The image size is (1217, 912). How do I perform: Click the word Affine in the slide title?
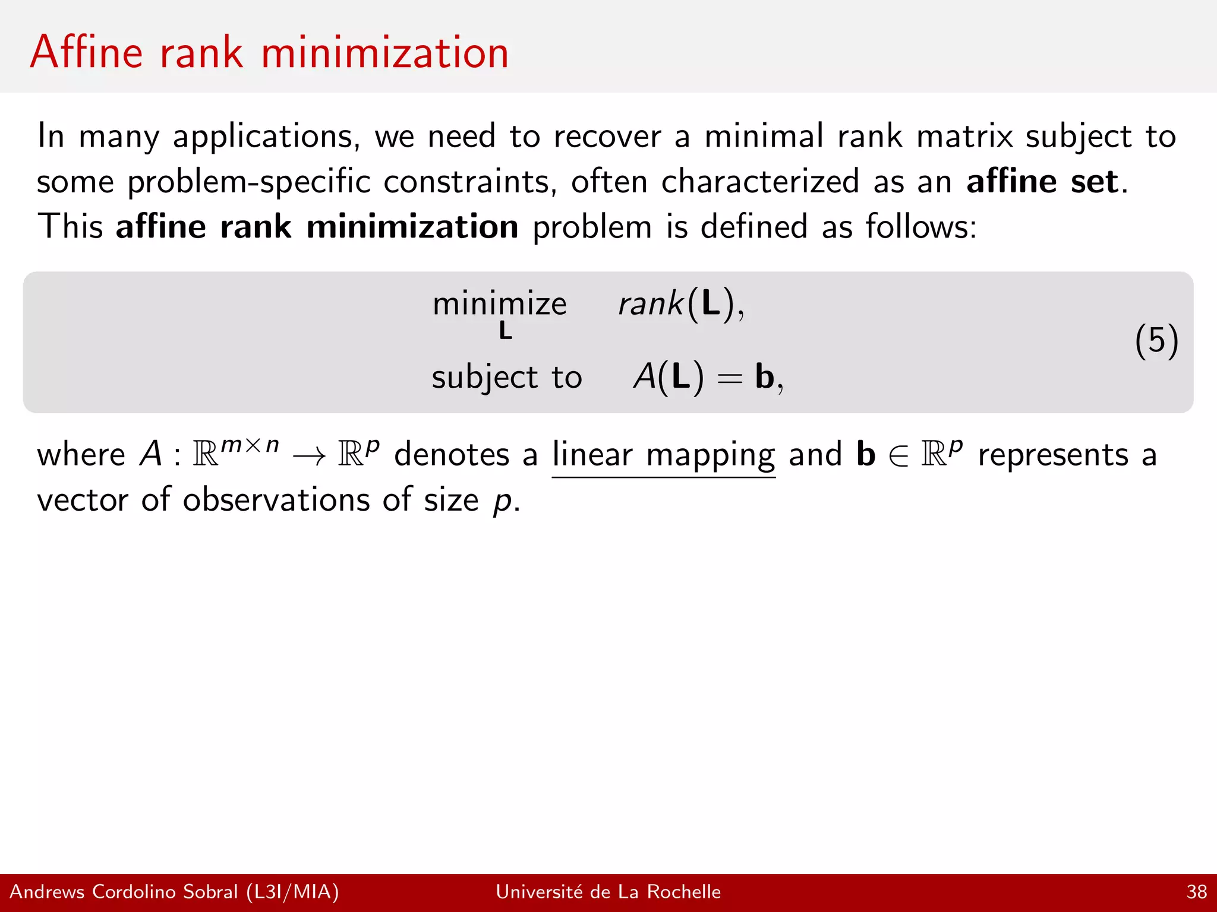(87, 52)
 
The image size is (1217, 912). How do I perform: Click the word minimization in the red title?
(384, 52)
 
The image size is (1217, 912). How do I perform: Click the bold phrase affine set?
(1043, 181)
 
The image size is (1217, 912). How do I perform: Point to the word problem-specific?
(248, 182)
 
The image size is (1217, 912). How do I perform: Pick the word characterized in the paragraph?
(760, 181)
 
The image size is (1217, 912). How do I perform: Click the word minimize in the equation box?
(499, 304)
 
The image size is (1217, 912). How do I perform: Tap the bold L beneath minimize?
(505, 331)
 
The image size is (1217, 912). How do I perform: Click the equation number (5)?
(1156, 341)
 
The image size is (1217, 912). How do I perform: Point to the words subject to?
(506, 378)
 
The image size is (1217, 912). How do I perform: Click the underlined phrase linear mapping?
(663, 455)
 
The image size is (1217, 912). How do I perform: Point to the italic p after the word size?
(502, 501)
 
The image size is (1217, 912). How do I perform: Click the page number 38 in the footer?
(1196, 892)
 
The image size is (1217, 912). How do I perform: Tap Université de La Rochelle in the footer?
(608, 892)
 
